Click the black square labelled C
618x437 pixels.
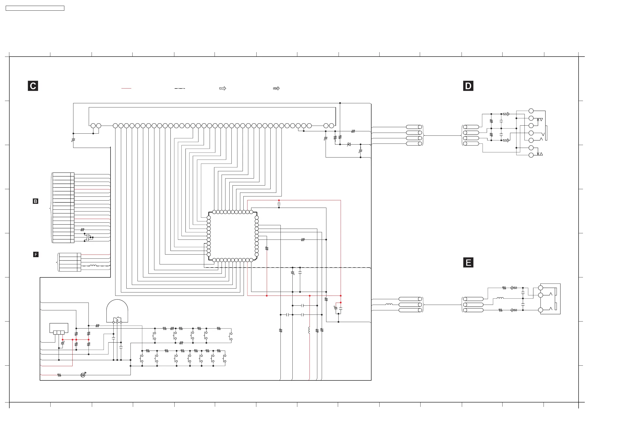33,86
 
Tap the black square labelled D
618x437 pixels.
468,86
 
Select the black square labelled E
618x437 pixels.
468,263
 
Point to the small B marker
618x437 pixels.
35,201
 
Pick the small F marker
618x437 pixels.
36,255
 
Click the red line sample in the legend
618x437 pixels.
126,88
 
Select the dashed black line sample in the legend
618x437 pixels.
180,88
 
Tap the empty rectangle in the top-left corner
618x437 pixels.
35,8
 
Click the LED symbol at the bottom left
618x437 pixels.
83,375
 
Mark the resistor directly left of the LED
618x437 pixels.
59,375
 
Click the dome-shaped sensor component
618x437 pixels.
117,311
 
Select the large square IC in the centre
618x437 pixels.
232,236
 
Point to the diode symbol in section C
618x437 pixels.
349,144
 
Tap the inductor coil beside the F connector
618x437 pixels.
93,266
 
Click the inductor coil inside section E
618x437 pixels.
500,298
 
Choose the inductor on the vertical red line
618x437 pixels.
309,330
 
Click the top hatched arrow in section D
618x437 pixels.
506,114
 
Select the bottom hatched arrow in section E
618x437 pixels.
513,310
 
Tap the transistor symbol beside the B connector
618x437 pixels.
88,237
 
